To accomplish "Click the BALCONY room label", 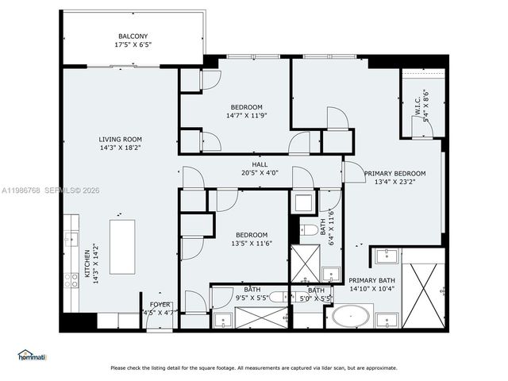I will (133, 37).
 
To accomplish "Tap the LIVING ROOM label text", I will (120, 139).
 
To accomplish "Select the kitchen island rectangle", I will (124, 247).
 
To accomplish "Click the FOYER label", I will (160, 304).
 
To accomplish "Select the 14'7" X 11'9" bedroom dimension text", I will (246, 115).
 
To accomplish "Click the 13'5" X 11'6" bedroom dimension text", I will (251, 243).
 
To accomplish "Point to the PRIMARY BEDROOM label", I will (394, 173).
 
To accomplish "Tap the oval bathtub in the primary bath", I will (349, 317).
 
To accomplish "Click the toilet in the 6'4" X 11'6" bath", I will (307, 231).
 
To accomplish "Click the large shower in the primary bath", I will (424, 288).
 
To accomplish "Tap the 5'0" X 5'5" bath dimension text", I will (314, 298).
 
